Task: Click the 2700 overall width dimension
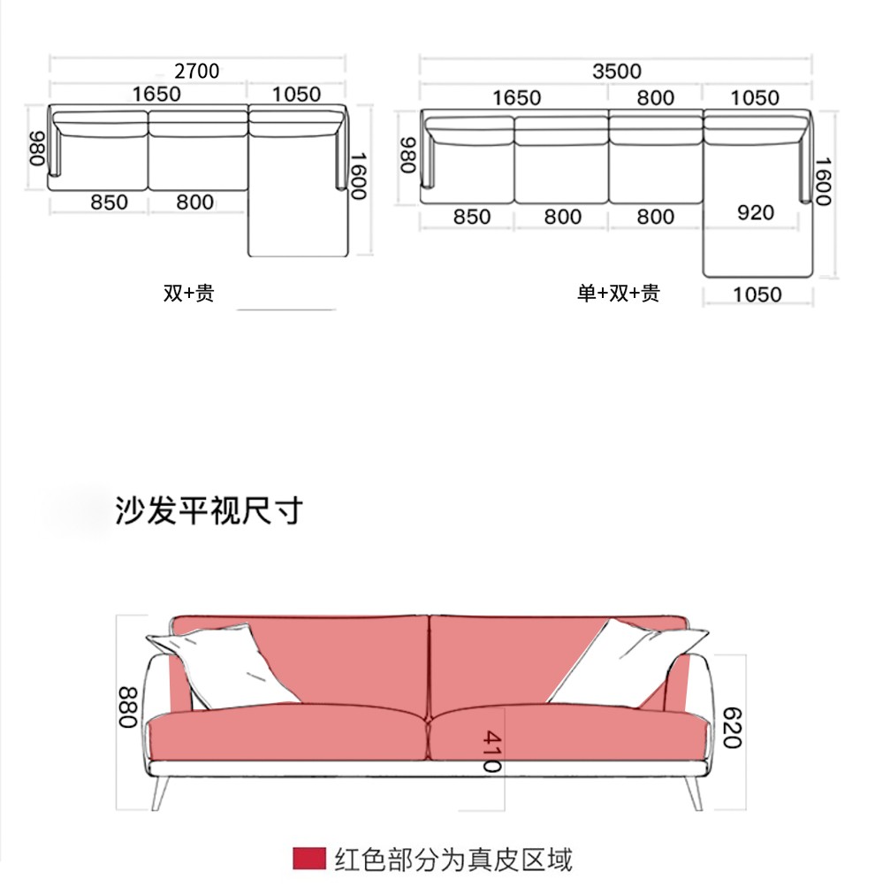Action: pos(196,71)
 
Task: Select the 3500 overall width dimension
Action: pos(616,72)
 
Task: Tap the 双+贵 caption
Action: pos(188,293)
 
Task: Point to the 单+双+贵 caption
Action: pos(619,293)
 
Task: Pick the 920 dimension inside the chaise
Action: pos(754,212)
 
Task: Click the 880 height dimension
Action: pos(130,707)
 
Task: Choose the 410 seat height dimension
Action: pos(491,751)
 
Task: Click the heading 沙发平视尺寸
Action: pos(209,510)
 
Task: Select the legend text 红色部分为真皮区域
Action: pos(453,859)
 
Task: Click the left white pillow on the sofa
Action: pos(221,668)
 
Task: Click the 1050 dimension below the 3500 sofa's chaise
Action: pos(757,294)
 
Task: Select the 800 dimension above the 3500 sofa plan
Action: pos(655,97)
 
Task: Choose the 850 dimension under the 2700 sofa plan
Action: pos(110,203)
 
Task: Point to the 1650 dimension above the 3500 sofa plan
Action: pos(516,97)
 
